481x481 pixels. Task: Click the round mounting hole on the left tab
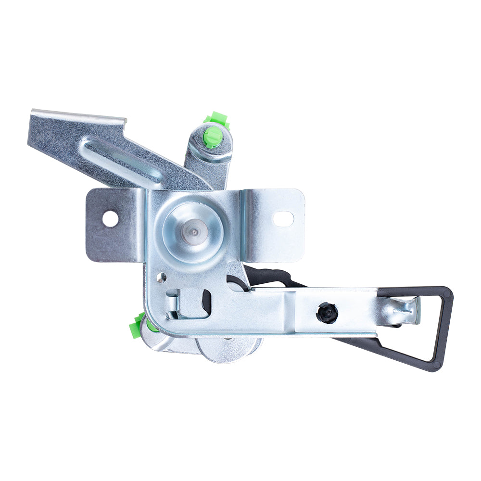[x=110, y=219]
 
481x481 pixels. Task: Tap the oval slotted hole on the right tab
[x=283, y=219]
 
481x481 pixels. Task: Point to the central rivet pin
[x=193, y=232]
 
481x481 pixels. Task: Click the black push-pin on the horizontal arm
[x=327, y=313]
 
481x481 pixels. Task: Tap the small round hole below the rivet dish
[x=162, y=277]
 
